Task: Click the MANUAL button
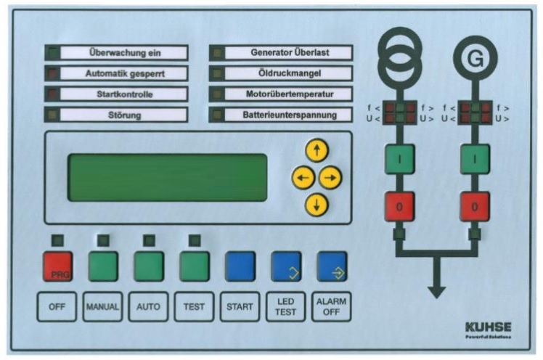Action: (x=102, y=306)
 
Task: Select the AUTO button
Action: (x=148, y=306)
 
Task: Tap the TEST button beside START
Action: (x=194, y=306)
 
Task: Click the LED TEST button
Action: (x=286, y=306)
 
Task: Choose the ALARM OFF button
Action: (x=332, y=306)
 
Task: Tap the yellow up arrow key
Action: (x=317, y=151)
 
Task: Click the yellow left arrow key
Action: (x=303, y=178)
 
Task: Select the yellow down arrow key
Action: (x=317, y=205)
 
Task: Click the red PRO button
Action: (x=57, y=266)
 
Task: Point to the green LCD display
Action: (x=168, y=178)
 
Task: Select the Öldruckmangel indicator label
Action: (x=287, y=73)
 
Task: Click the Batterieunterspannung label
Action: (x=287, y=115)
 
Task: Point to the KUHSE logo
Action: (x=488, y=328)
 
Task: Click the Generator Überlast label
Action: (x=287, y=52)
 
